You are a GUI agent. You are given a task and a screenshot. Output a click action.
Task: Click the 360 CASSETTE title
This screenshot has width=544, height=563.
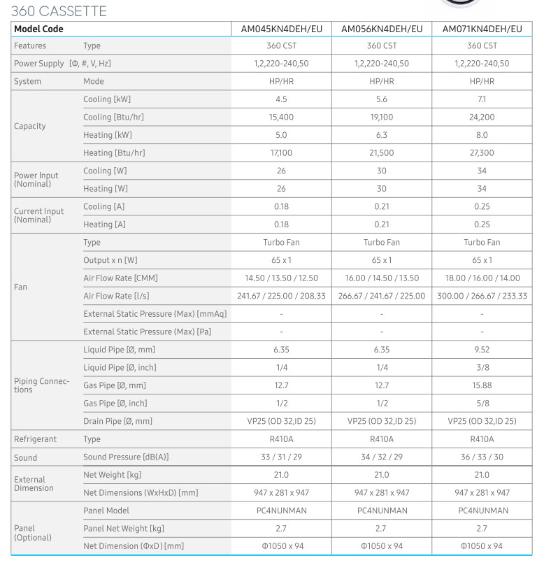(59, 11)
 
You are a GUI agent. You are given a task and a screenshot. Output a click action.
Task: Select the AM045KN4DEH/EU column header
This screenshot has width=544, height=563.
(281, 29)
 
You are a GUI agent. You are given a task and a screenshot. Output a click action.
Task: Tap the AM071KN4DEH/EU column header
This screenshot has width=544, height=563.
(482, 29)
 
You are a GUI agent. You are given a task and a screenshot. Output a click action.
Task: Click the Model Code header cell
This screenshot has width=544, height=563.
(38, 29)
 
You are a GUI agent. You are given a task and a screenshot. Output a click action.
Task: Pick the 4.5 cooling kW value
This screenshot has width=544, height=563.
(281, 99)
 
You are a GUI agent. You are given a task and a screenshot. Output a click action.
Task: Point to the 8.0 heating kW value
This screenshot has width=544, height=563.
(482, 135)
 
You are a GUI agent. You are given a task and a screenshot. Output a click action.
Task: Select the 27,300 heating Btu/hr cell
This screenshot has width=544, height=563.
(482, 153)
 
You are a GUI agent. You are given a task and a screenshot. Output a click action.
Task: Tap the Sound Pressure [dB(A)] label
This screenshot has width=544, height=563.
(126, 457)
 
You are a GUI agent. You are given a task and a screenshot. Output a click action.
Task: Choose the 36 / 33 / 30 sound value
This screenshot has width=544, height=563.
(482, 457)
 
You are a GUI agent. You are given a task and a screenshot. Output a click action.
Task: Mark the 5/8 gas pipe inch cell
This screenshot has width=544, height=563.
(482, 404)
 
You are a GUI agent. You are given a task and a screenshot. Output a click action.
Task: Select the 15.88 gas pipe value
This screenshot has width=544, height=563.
(482, 385)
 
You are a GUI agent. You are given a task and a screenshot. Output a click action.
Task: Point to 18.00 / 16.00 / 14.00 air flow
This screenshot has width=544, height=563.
(482, 278)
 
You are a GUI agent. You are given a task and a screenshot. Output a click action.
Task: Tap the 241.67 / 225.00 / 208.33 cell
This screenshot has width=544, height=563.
(281, 296)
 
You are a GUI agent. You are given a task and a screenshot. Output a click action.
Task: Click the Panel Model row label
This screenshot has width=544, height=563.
(106, 511)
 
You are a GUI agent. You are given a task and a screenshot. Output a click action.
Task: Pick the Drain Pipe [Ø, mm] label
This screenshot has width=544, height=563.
(117, 421)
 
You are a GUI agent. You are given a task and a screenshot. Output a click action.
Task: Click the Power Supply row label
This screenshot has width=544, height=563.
(62, 64)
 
